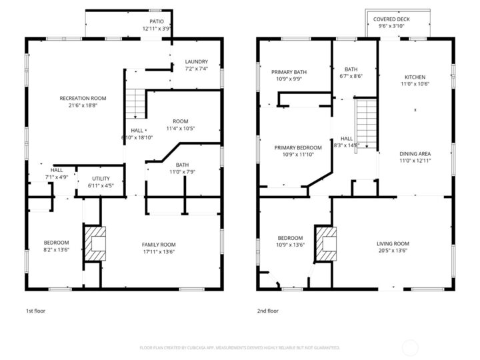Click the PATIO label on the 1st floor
tap(157, 21)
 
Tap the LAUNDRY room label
tap(196, 61)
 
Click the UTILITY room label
tap(101, 178)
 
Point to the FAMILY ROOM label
tap(159, 245)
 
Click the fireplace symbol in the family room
tap(93, 244)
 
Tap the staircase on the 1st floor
tap(136, 103)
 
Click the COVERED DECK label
tap(391, 19)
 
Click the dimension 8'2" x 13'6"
tap(57, 249)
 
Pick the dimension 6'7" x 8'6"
tap(350, 76)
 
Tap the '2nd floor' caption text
tap(267, 311)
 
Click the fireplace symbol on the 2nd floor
tap(326, 244)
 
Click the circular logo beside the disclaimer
tap(411, 347)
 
